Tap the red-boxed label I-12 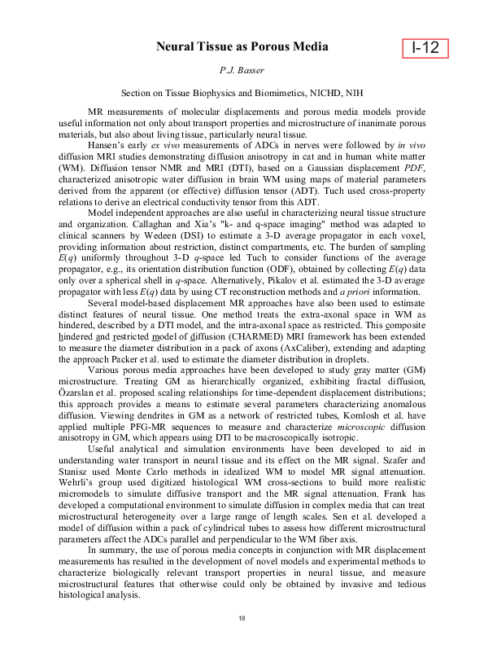click(425, 49)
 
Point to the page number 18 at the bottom click(242, 621)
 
